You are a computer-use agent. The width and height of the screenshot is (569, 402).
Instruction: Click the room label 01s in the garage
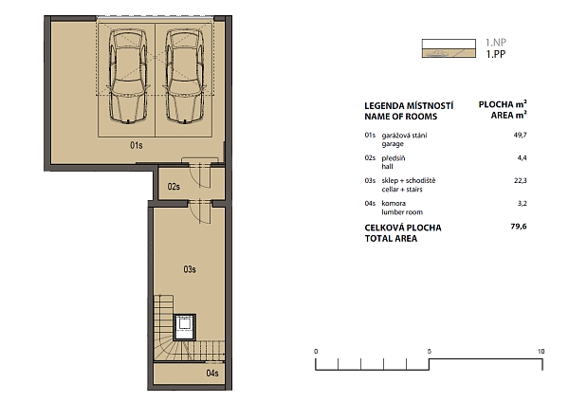pos(137,145)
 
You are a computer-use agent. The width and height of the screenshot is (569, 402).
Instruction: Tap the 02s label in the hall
pos(174,187)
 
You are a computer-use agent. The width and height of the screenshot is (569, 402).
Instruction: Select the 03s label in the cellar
pos(190,269)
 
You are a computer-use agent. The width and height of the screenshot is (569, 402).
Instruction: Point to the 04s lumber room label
pos(212,373)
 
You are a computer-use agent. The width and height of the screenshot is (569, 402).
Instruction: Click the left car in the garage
pos(128,76)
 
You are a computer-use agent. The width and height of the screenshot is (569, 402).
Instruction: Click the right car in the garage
pos(185,76)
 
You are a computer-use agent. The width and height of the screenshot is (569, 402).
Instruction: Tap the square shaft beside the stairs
pos(185,327)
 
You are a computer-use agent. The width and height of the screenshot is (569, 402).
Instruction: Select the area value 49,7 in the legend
pos(520,135)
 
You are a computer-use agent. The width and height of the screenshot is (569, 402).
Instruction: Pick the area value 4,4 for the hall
pos(523,157)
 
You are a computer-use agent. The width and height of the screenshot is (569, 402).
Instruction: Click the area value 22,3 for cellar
pos(521,180)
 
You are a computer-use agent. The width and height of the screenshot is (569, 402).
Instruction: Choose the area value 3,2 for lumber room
pos(523,203)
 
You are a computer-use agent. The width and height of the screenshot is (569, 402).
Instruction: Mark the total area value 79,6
pos(519,227)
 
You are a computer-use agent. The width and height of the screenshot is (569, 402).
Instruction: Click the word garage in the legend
pos(393,144)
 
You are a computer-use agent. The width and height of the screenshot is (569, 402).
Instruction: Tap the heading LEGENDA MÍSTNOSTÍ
pos(409,106)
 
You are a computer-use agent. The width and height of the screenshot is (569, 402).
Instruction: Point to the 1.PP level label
pos(496,54)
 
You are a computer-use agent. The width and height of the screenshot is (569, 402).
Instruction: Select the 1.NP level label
pos(496,43)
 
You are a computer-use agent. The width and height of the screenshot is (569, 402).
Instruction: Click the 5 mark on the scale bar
pos(430,351)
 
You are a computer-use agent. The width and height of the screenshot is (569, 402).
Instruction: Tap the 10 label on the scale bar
pos(541,351)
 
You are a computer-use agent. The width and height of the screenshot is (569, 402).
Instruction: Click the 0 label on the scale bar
pos(316,351)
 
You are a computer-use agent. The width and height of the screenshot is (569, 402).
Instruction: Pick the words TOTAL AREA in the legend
pos(391,238)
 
